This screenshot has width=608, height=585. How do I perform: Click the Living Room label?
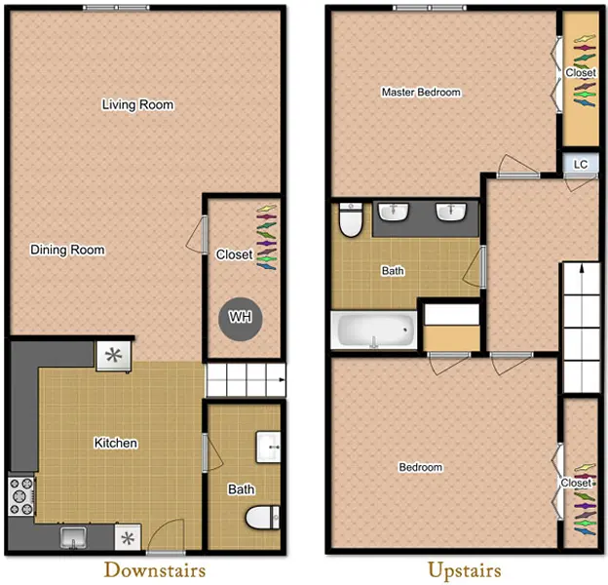coord(137,104)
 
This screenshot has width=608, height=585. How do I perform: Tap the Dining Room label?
coord(67,250)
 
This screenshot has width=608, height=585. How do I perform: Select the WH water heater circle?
coord(241,319)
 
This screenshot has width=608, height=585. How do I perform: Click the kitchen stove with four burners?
coord(21,496)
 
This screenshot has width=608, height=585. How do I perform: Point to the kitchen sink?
coord(73,537)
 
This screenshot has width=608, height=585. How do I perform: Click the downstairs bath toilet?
coord(262,518)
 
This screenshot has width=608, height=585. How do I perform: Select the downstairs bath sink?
coord(268,447)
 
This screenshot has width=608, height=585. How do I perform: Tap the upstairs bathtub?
coord(373,330)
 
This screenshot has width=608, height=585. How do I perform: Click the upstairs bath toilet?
coord(351,219)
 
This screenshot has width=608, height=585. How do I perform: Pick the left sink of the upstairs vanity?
coord(394,212)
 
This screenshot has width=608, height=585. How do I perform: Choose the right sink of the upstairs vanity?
coord(451,212)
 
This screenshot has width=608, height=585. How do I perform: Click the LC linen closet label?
coord(581,165)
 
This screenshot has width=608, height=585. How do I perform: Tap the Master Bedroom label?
coord(422,93)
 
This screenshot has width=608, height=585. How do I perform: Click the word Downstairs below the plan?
coord(155,570)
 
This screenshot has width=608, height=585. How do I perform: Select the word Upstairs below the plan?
coord(465,570)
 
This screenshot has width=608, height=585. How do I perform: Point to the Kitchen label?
coord(116,443)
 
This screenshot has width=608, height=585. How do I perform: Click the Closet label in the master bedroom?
coord(581,72)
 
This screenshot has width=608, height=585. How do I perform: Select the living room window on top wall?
coord(116,8)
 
